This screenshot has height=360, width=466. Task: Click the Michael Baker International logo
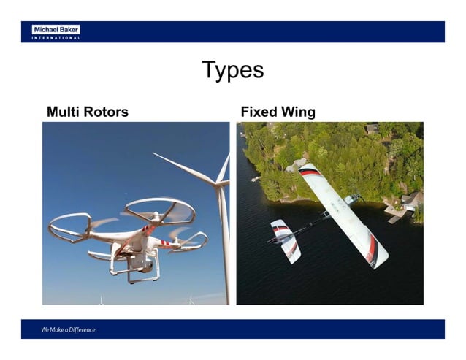click(56, 31)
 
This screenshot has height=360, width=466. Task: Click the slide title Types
click(232, 71)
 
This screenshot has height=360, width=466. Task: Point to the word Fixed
click(258, 112)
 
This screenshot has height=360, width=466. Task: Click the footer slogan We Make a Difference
click(68, 330)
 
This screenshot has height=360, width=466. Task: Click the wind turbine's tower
click(225, 241)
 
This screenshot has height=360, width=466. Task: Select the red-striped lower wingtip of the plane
click(375, 252)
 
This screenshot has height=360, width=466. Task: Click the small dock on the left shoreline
click(255, 178)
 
